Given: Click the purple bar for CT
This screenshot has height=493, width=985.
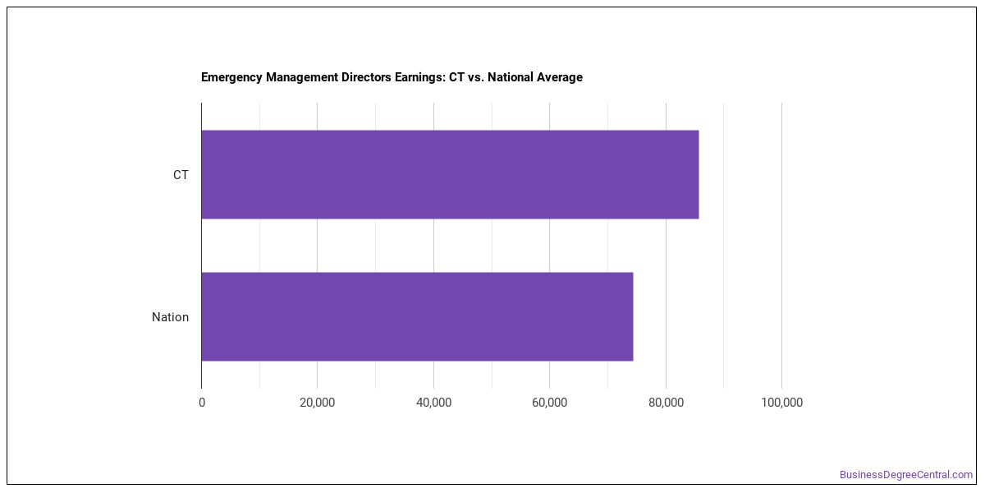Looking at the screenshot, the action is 450,174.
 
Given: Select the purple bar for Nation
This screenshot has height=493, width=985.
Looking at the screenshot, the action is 417,316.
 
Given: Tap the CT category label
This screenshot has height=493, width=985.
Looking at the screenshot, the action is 181,175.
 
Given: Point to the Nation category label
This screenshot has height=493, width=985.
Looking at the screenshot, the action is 170,317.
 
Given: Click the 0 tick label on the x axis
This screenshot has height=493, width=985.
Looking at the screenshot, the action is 202,403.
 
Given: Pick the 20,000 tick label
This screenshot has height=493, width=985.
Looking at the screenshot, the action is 317,403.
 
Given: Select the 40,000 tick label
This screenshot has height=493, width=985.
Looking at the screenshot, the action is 433,403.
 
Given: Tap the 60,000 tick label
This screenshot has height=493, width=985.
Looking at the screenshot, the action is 549,403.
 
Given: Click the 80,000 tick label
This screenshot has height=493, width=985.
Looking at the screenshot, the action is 666,403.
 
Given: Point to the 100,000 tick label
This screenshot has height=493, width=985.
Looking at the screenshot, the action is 781,403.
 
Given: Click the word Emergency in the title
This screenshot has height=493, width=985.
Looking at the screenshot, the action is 231,77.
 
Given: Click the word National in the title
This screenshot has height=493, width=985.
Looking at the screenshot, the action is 510,77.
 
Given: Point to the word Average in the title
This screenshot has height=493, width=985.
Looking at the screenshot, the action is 559,77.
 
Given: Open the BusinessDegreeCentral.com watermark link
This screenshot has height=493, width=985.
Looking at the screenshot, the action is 906,475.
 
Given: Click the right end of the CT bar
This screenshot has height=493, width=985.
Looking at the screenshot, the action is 699,174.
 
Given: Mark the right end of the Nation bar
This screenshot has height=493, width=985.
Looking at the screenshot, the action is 633,316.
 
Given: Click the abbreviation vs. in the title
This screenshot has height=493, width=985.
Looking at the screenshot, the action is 475,77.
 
